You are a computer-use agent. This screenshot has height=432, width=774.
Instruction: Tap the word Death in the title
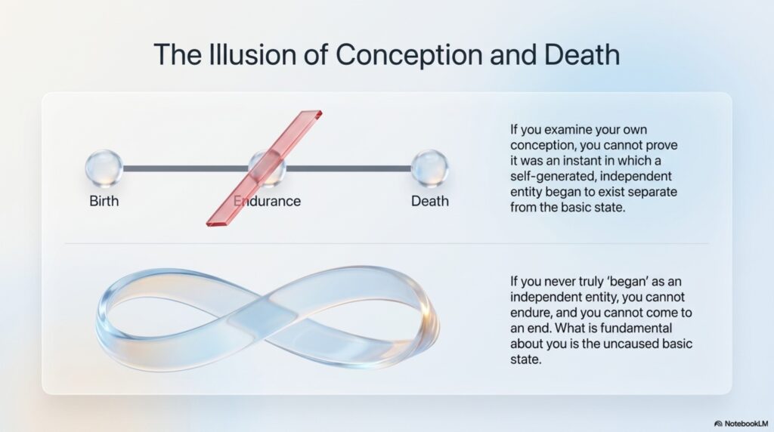[x=582, y=54]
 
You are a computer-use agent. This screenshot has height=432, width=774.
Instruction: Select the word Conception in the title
[x=409, y=55]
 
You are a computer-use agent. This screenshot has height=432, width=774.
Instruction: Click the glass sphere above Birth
[x=104, y=168]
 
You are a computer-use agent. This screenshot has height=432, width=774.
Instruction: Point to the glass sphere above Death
[x=429, y=168]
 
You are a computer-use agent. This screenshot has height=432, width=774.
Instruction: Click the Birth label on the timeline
[x=104, y=201]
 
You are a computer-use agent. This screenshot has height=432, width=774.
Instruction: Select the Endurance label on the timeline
[x=267, y=201]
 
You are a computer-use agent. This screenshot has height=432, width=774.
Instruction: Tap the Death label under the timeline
[x=430, y=201]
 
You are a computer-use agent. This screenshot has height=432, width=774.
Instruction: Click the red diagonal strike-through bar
[x=264, y=168]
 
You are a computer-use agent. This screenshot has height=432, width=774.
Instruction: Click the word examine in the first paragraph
[x=562, y=130]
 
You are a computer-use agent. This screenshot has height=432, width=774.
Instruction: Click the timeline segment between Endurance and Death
[x=348, y=168]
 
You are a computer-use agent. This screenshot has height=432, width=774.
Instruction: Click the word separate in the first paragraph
[x=652, y=193]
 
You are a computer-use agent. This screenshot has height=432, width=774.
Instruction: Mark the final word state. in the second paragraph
[x=526, y=359]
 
